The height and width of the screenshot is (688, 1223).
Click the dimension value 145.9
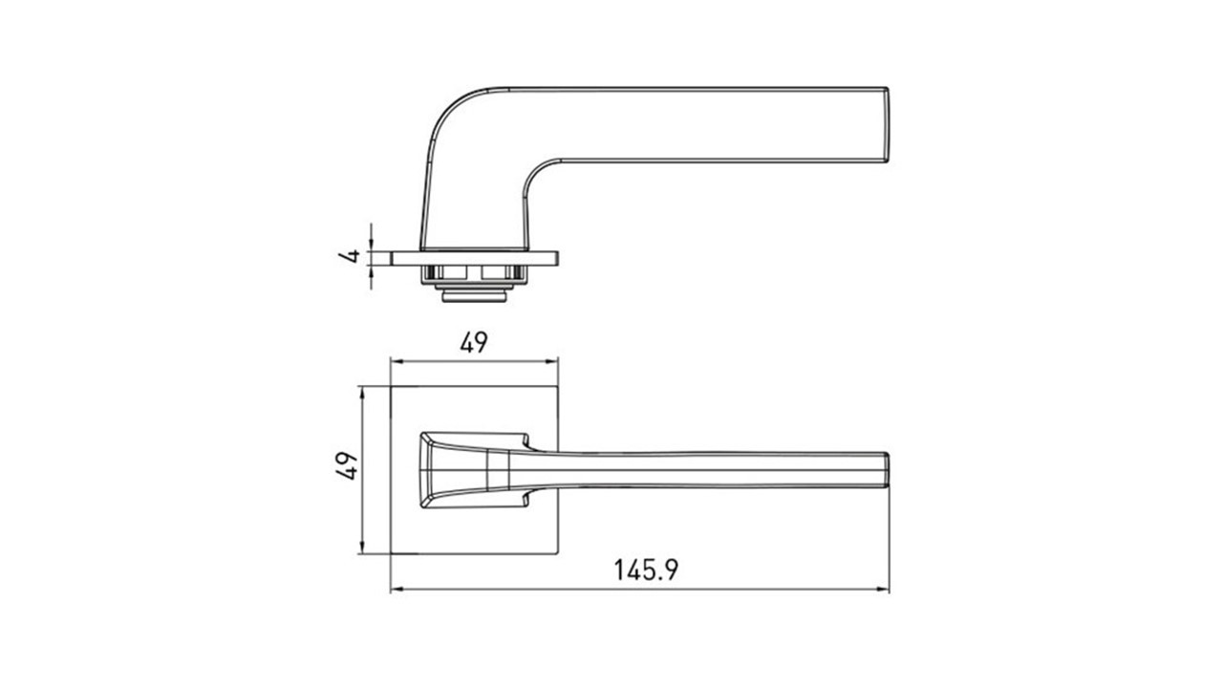tap(646, 570)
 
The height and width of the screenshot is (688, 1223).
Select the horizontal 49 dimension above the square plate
tap(473, 343)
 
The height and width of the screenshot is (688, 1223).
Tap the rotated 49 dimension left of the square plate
tap(347, 465)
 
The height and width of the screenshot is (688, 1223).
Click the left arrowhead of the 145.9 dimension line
tap(397, 590)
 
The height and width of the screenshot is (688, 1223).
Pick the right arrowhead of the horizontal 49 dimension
tap(551, 361)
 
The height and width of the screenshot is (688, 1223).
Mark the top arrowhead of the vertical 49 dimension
tap(361, 393)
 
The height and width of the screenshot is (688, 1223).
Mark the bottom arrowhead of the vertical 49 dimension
tap(361, 548)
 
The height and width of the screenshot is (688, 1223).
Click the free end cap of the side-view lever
tap(886, 125)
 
